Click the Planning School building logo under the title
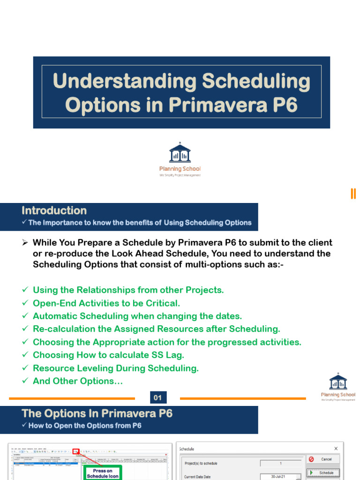pos(180,153)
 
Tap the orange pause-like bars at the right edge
pos(353,194)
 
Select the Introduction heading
pos(54,210)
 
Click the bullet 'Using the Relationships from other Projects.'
pos(128,290)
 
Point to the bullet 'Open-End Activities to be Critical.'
pos(106,303)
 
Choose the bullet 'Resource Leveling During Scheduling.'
pos(115,368)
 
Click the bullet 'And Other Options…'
pos(78,381)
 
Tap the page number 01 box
pos(157,398)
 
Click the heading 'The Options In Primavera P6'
pos(97,413)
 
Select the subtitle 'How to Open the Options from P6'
pos(85,426)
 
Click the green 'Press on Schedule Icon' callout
pos(103,473)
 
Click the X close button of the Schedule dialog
pos(336,449)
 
